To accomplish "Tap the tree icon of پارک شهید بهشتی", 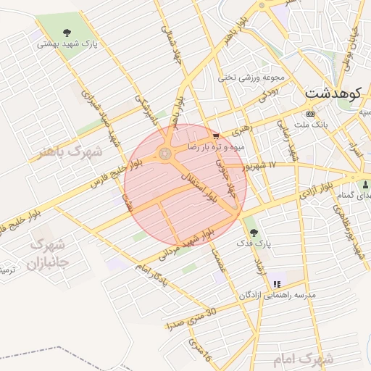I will pos(67,32).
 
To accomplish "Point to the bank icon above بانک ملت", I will pos(311,114).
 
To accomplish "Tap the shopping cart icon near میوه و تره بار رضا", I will pos(216,136).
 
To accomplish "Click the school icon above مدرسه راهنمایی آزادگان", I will pos(276,283).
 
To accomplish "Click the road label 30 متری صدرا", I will pos(191,318).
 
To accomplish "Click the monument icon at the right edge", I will pos(364,185).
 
